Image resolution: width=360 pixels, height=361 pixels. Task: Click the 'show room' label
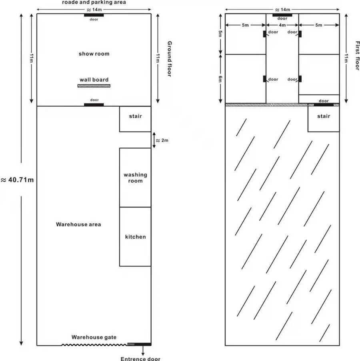pyautogui.click(x=94, y=54)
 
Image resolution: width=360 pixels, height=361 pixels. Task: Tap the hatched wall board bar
pyautogui.click(x=94, y=86)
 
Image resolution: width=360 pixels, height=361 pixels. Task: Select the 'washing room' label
pyautogui.click(x=135, y=178)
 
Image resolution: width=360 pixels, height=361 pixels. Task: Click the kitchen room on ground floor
pyautogui.click(x=135, y=237)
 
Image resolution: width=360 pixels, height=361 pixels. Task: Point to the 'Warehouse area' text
pyautogui.click(x=78, y=224)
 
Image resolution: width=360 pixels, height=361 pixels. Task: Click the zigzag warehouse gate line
pyautogui.click(x=94, y=344)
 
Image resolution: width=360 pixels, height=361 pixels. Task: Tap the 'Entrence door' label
pyautogui.click(x=140, y=359)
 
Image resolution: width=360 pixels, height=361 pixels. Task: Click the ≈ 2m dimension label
pyautogui.click(x=162, y=140)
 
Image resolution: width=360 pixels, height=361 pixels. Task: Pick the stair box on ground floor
pyautogui.click(x=135, y=119)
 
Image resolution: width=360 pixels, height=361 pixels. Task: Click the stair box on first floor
pyautogui.click(x=324, y=119)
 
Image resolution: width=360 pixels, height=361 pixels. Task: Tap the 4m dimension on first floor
pyautogui.click(x=282, y=25)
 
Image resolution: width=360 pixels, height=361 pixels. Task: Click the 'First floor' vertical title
pyautogui.click(x=357, y=56)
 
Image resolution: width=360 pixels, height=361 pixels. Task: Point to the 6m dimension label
pyautogui.click(x=220, y=79)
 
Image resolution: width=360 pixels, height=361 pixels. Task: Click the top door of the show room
pyautogui.click(x=94, y=15)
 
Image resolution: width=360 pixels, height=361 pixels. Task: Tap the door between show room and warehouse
pyautogui.click(x=94, y=105)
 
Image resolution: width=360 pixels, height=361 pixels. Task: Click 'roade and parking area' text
pyautogui.click(x=94, y=2)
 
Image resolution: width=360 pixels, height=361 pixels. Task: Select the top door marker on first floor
pyautogui.click(x=282, y=15)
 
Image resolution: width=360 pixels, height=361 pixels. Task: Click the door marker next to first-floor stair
pyautogui.click(x=324, y=105)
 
